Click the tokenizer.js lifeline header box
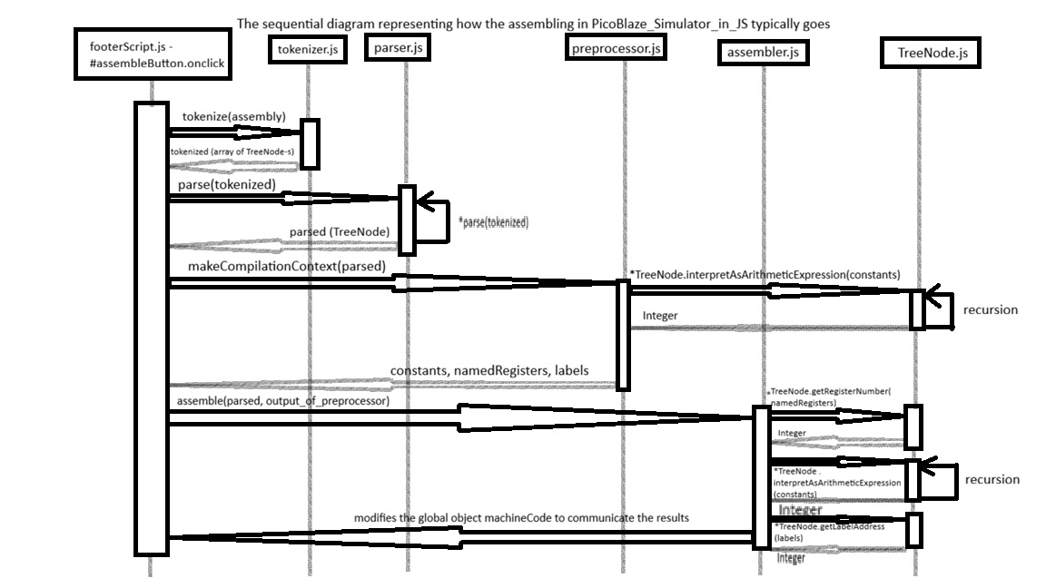click(308, 51)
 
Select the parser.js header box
click(398, 48)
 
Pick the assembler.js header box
click(763, 53)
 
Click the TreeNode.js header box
click(933, 54)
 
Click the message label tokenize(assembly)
click(233, 117)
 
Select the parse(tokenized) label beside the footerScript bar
click(221, 184)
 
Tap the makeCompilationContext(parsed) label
click(287, 266)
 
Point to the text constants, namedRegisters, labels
click(489, 371)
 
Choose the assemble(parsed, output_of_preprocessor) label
click(278, 400)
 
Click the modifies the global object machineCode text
click(521, 517)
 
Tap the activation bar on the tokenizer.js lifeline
click(310, 144)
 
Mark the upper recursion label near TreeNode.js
click(990, 309)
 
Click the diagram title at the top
click(533, 24)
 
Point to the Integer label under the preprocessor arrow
click(660, 316)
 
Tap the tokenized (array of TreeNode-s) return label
click(232, 151)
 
